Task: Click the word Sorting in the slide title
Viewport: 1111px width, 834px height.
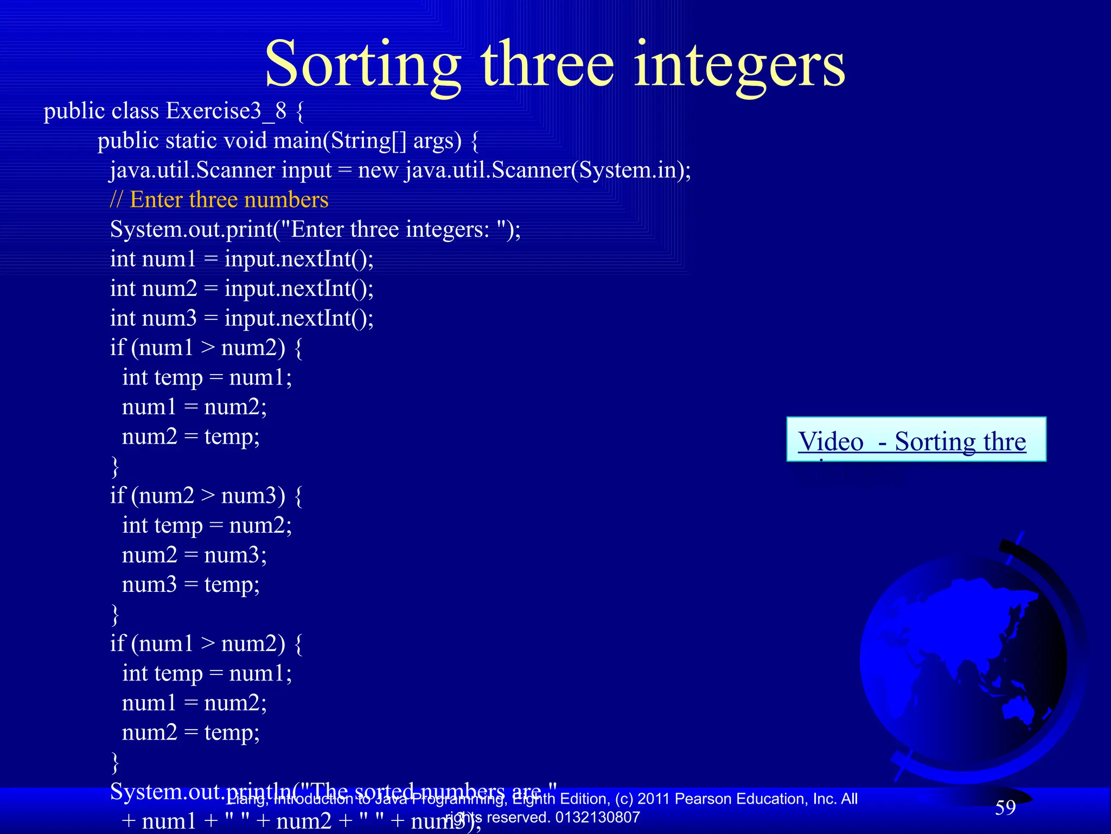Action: (362, 65)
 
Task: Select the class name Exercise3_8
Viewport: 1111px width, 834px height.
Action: (226, 111)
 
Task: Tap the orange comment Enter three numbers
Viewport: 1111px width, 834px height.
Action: (229, 200)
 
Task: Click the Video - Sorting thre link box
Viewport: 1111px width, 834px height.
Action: (916, 440)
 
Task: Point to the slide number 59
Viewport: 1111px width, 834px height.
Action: (1005, 807)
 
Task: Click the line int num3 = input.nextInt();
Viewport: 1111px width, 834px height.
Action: (241, 318)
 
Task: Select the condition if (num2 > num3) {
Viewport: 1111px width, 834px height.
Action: (206, 496)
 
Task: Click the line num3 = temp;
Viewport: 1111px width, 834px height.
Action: (190, 585)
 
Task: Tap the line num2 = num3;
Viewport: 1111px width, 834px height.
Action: (194, 555)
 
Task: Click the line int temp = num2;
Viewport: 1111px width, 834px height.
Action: (207, 526)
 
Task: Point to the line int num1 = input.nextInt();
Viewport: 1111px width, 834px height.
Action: (241, 259)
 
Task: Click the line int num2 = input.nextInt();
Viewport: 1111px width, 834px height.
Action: (241, 288)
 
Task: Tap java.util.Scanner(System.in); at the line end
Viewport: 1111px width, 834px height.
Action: (548, 170)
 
